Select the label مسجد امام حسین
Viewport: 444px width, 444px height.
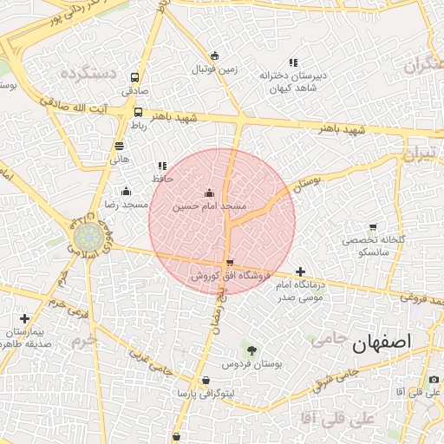click(210, 207)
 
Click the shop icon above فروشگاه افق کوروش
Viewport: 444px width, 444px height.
click(229, 264)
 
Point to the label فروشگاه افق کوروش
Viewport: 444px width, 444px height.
click(221, 276)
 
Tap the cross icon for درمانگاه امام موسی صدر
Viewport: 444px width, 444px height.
click(300, 271)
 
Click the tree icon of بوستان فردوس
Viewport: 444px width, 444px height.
click(251, 349)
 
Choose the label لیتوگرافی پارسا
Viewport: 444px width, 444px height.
click(204, 393)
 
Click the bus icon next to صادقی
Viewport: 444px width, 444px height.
click(134, 77)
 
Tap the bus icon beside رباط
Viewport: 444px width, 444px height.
click(138, 112)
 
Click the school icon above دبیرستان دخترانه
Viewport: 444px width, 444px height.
click(293, 62)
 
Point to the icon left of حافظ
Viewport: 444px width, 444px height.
click(161, 166)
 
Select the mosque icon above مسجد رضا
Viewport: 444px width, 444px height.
click(127, 192)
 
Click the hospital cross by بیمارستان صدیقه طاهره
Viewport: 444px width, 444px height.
click(24, 319)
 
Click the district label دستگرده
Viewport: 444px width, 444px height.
click(88, 74)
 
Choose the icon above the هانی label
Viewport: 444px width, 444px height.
click(119, 146)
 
